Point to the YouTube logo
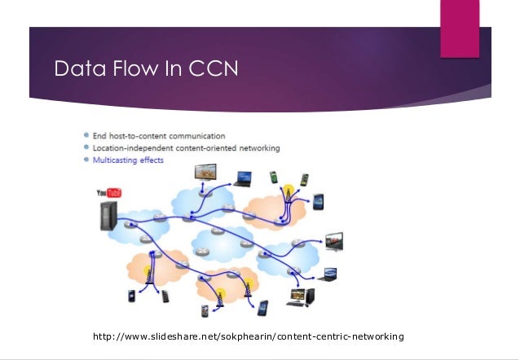(108, 193)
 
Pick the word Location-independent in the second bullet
(133, 148)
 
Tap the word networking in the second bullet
(256, 148)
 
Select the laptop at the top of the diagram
(242, 177)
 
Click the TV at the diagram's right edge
(335, 241)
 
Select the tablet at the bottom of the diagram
(262, 308)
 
